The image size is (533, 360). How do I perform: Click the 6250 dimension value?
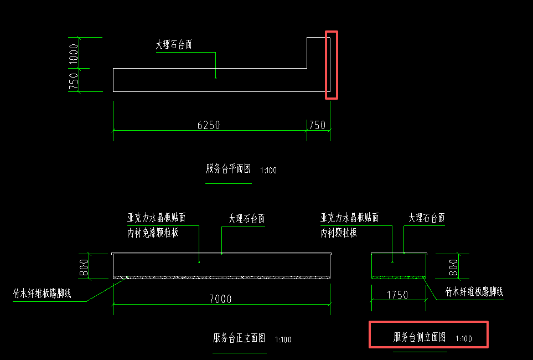[209, 125]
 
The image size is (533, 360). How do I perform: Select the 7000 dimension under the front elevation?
[220, 299]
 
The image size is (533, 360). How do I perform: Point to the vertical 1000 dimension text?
[74, 53]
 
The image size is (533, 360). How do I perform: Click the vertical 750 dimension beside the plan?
[74, 81]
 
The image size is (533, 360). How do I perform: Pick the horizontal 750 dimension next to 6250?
[317, 125]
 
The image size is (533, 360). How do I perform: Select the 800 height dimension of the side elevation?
[453, 267]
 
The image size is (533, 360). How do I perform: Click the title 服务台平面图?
[229, 169]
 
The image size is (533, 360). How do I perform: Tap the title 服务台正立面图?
[239, 338]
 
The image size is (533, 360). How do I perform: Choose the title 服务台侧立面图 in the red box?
[420, 337]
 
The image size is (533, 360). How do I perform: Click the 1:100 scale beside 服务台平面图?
[268, 171]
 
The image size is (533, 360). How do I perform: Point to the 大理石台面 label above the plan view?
[174, 45]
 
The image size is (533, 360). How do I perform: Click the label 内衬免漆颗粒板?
[153, 233]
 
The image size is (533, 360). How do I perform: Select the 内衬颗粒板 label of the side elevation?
[339, 233]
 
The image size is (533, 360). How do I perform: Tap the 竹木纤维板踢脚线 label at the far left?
[42, 294]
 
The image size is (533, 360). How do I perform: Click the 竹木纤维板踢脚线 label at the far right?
[474, 292]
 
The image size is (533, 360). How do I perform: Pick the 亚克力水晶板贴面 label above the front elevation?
[157, 218]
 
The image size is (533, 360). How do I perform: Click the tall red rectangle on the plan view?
[332, 65]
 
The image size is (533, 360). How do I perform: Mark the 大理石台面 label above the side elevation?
[427, 218]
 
